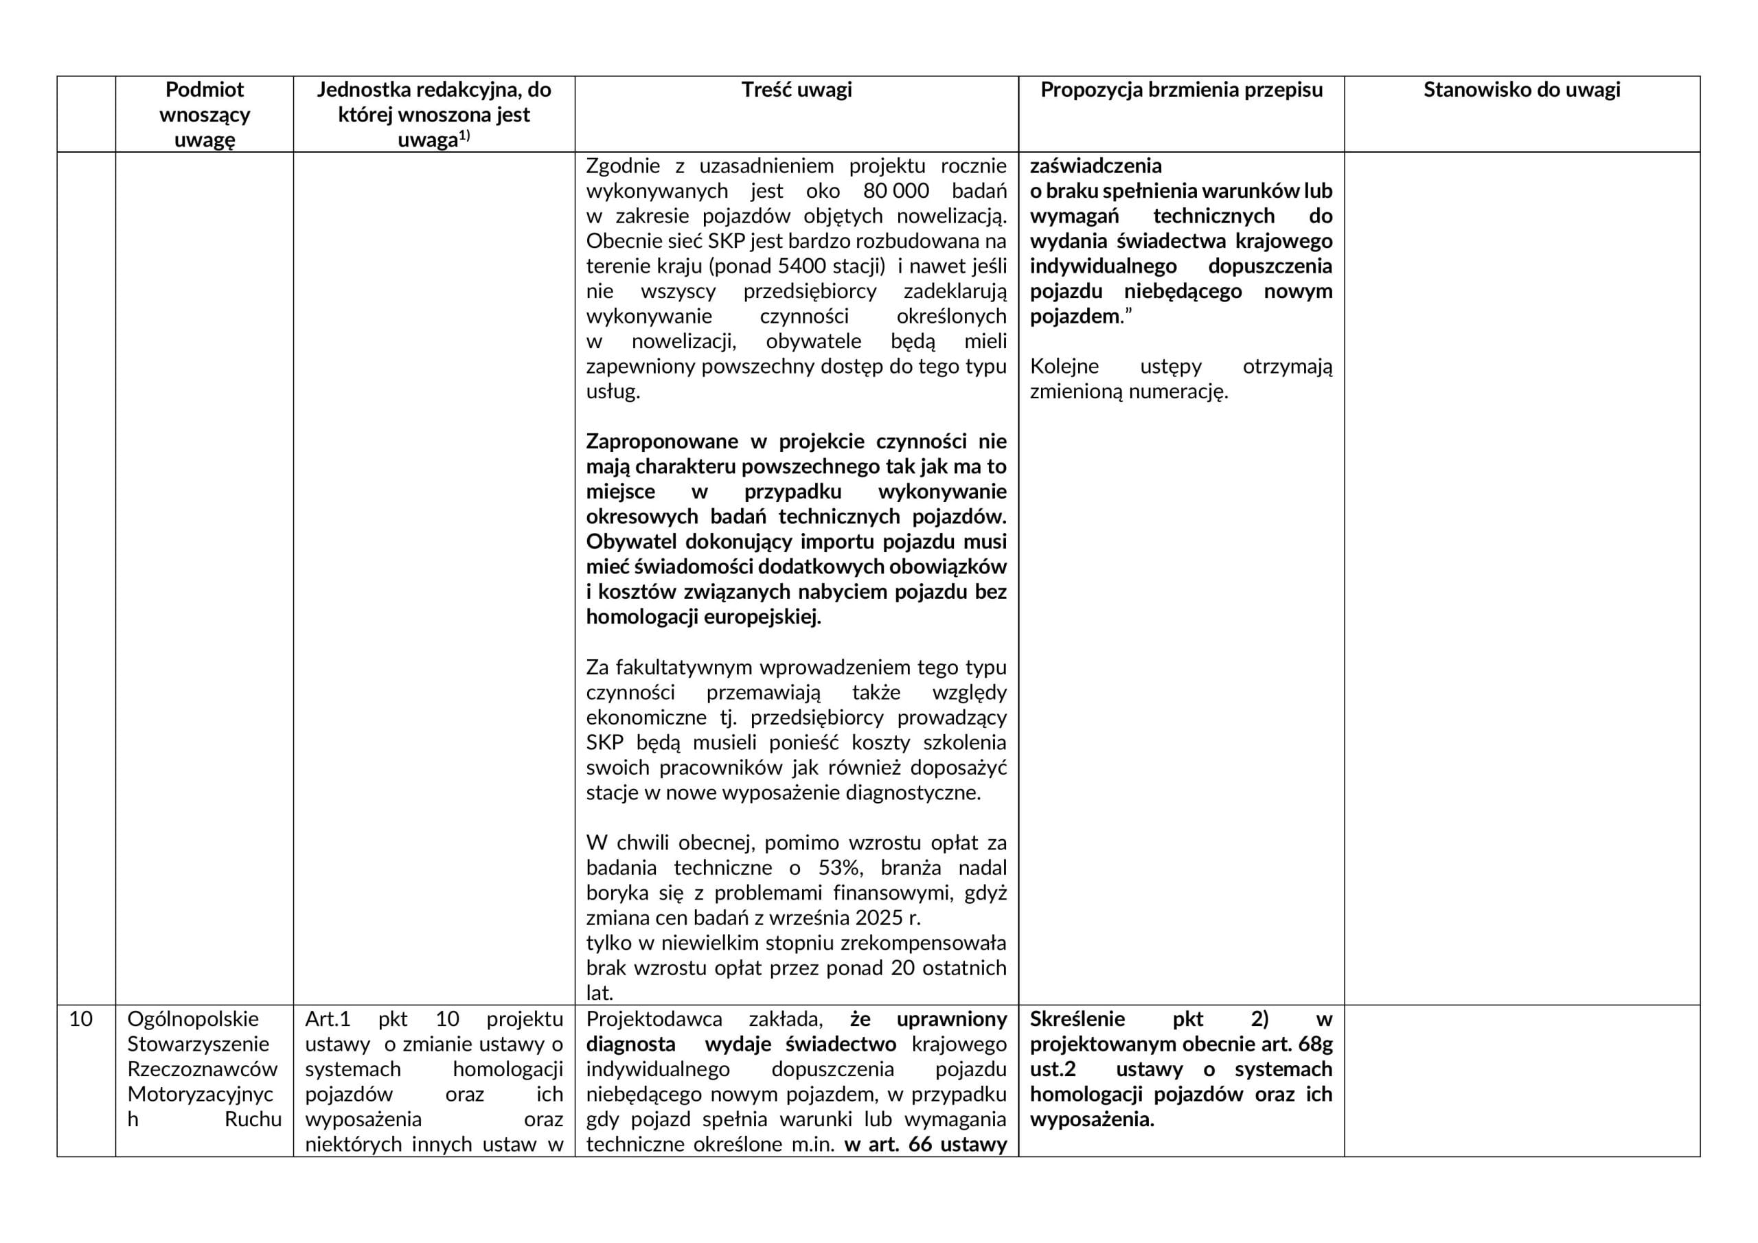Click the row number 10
80,1019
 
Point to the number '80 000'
896,191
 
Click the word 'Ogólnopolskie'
193,1019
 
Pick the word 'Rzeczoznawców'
203,1069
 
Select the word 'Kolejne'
1064,367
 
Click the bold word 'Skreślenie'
1077,1019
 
